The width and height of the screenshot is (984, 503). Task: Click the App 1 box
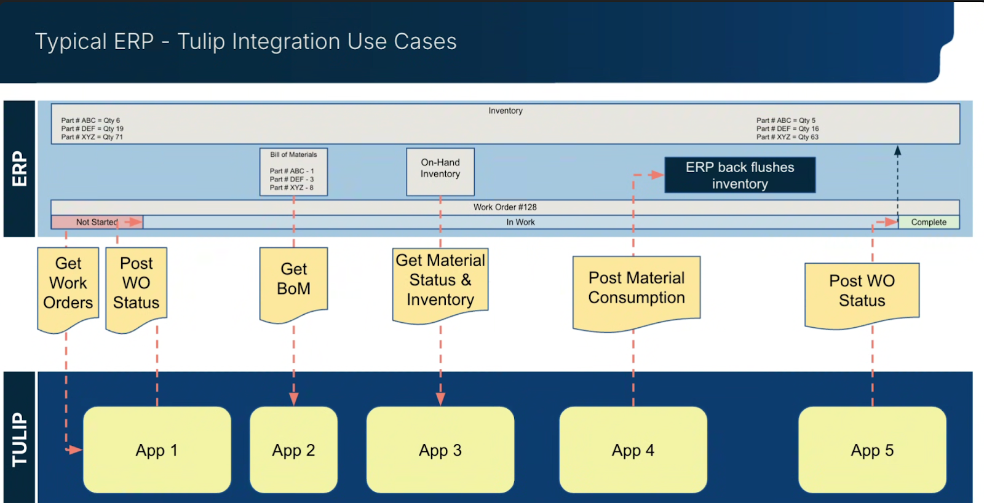click(x=157, y=450)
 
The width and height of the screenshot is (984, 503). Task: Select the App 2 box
click(x=293, y=450)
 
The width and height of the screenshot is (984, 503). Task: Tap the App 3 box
click(x=440, y=450)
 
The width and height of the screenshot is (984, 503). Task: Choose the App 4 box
click(x=633, y=450)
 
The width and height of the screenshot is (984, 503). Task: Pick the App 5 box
click(x=871, y=450)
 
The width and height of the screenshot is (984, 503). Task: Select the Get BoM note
click(x=293, y=280)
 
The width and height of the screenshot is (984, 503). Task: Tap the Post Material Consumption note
click(x=636, y=288)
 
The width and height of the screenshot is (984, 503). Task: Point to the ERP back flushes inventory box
click(x=740, y=175)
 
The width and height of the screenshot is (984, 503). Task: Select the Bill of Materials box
click(x=293, y=172)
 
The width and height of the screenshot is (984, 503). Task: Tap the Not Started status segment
click(x=97, y=222)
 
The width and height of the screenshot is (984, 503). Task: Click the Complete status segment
click(x=929, y=222)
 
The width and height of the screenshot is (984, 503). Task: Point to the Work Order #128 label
click(x=505, y=207)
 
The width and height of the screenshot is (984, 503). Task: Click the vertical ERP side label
click(x=19, y=168)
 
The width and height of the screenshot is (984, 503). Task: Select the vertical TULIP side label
click(x=19, y=439)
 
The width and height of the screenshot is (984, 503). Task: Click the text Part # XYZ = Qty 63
click(x=787, y=137)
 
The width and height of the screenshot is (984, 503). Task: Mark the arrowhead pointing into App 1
click(x=76, y=450)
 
